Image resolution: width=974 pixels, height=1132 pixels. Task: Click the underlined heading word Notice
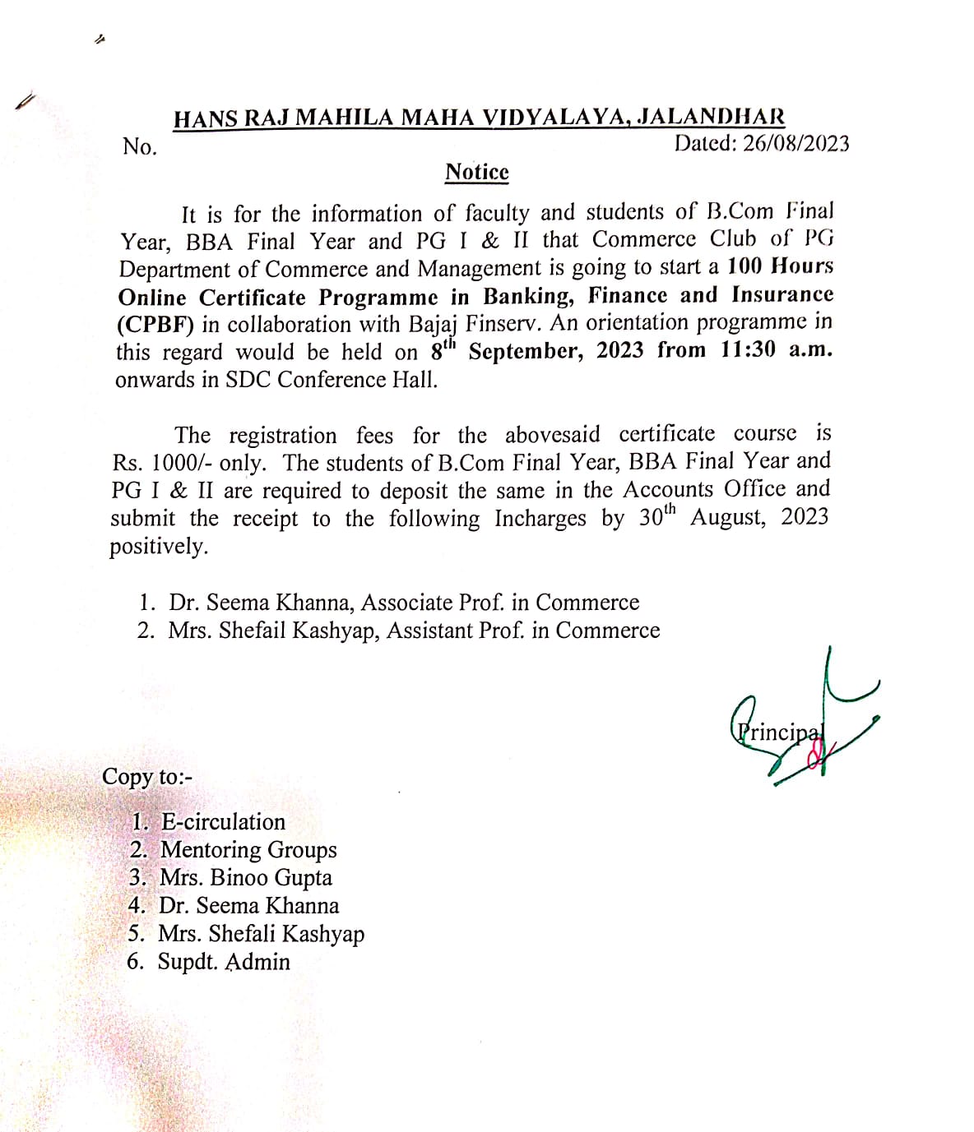click(477, 173)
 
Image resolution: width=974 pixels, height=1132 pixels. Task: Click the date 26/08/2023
click(795, 144)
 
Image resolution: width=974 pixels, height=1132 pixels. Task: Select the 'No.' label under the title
click(139, 147)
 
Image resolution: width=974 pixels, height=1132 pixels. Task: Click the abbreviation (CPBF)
click(155, 325)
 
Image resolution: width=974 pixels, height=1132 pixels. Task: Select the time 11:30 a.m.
click(777, 350)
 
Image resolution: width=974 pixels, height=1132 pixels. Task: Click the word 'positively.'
click(159, 547)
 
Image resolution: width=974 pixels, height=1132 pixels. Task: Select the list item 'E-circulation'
click(223, 822)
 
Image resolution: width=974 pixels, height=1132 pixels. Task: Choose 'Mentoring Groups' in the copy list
click(248, 850)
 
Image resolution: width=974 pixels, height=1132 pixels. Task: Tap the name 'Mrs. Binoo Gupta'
click(245, 878)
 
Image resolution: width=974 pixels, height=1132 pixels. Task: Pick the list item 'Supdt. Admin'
click(224, 962)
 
